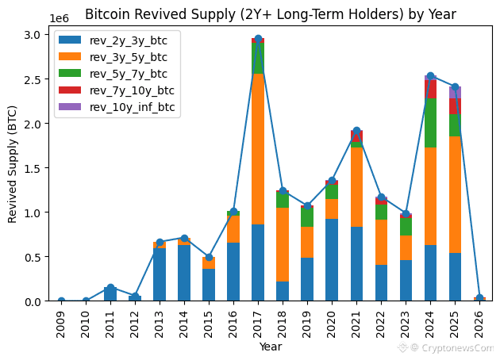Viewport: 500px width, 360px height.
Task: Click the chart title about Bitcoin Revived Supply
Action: [270, 13]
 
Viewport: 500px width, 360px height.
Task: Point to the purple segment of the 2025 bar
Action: [455, 93]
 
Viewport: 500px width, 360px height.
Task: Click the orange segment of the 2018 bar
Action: [283, 244]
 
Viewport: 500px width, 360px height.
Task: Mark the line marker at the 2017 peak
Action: [258, 39]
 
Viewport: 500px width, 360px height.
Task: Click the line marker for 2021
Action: [356, 131]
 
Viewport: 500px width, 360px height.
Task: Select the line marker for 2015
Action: [209, 257]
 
